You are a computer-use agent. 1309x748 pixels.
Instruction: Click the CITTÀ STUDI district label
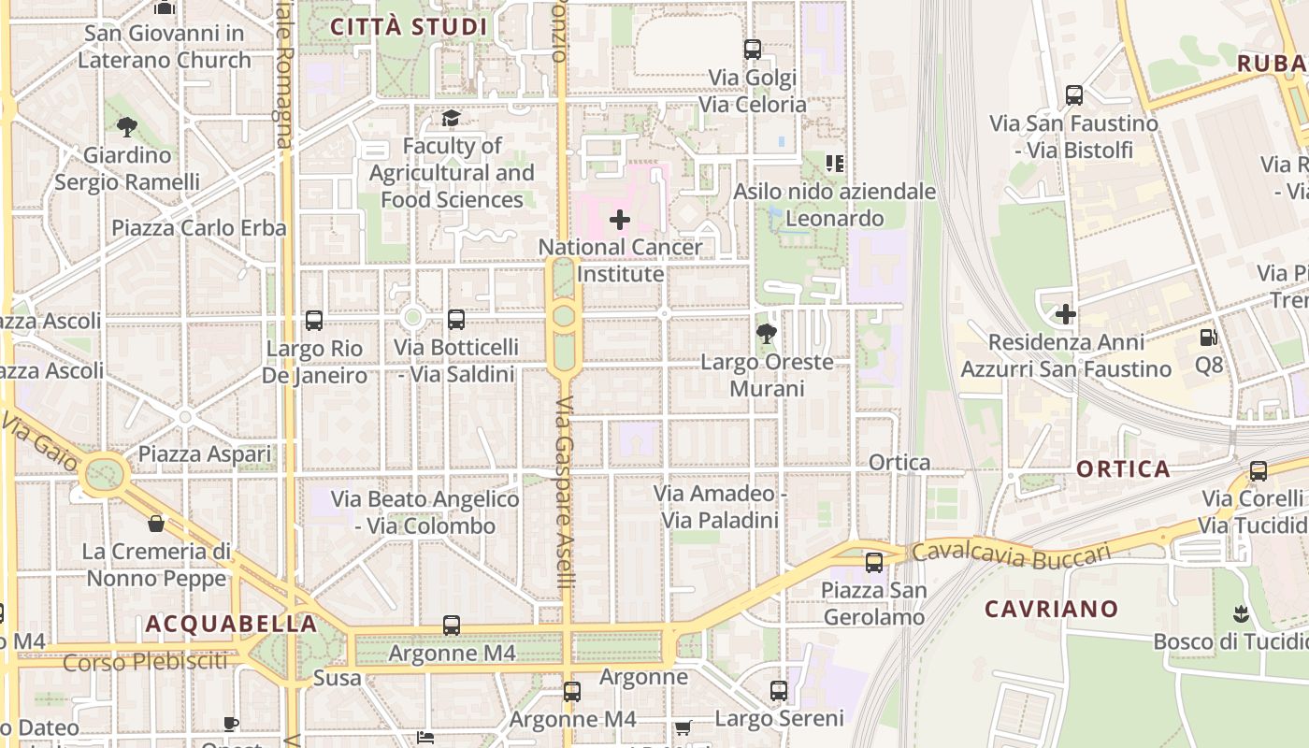[x=409, y=26]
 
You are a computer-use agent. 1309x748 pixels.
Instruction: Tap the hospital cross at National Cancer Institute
[x=619, y=221]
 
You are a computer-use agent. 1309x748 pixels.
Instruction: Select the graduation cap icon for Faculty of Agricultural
[x=451, y=119]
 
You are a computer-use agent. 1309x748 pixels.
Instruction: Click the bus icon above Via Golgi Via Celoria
[x=753, y=50]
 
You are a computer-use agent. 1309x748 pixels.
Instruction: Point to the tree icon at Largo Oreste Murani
[x=767, y=334]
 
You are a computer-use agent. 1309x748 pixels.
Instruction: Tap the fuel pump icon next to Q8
[x=1208, y=337]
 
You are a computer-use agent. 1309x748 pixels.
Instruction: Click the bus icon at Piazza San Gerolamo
[x=874, y=563]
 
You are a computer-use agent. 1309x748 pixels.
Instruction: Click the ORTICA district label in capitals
[x=1123, y=468]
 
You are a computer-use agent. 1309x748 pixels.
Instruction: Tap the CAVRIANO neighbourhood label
[x=1052, y=609]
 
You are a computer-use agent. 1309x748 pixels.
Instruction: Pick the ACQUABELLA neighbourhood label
[x=231, y=624]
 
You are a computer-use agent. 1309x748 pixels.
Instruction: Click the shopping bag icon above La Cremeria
[x=156, y=524]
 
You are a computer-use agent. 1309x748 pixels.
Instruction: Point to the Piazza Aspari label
[x=205, y=454]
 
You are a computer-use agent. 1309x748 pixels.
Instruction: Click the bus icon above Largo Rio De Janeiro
[x=314, y=321]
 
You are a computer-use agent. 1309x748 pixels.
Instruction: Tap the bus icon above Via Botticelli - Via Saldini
[x=456, y=320]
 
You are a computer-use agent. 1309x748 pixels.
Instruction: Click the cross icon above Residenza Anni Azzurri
[x=1065, y=314]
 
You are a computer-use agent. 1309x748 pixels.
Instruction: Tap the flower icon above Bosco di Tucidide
[x=1242, y=614]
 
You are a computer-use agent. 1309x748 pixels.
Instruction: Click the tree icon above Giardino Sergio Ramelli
[x=127, y=126]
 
